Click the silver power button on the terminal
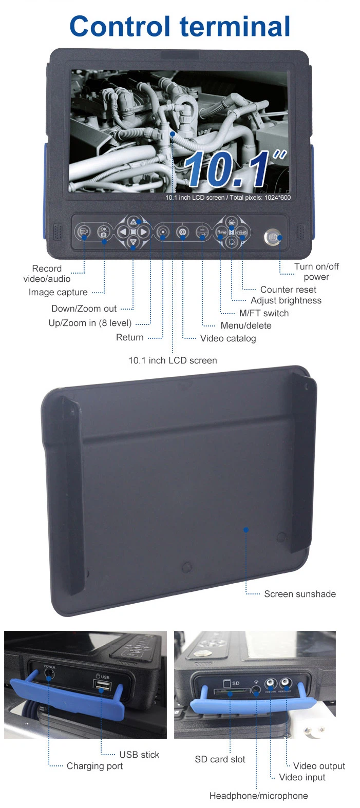coord(272,238)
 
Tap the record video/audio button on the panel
coord(84,232)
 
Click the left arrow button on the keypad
coord(123,232)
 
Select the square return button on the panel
coord(163,232)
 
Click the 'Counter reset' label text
coord(288,290)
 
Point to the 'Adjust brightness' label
coord(286,301)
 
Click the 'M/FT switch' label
coord(263,313)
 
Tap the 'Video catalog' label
coord(228,338)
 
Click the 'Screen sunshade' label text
coord(299,594)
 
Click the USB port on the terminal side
coord(102,685)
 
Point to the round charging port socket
coord(49,675)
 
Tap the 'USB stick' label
coord(139,755)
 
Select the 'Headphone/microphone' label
coord(258,796)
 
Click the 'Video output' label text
coord(319,766)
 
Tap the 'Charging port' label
coord(94,766)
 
